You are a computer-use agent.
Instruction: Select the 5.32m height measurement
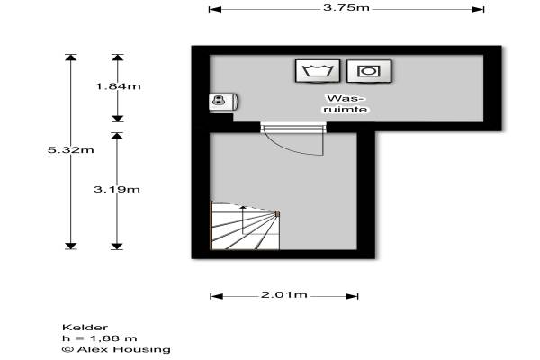point(70,150)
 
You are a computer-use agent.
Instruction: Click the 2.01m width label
point(284,295)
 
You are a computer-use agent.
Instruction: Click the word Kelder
point(78,327)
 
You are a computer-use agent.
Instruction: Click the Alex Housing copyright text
point(103,349)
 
